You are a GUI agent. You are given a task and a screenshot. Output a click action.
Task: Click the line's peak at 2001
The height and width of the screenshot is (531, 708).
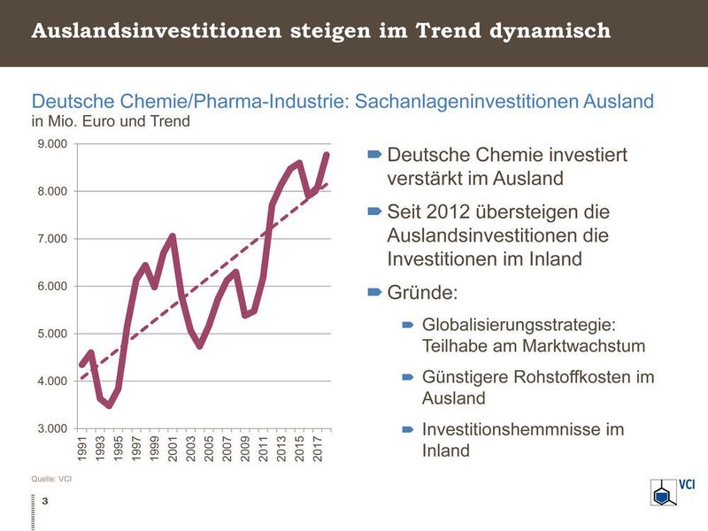click(173, 236)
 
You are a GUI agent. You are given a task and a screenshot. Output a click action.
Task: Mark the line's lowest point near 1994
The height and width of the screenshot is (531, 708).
click(109, 405)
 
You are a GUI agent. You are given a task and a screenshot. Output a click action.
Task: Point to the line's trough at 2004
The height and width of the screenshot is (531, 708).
click(200, 345)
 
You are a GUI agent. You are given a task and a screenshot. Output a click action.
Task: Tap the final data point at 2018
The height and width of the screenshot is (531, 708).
click(327, 155)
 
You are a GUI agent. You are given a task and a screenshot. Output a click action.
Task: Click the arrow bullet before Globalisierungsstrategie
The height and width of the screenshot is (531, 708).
click(408, 325)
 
